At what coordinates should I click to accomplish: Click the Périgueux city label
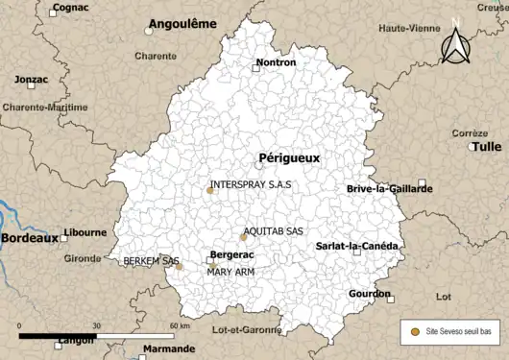(289, 157)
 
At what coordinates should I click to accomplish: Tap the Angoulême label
(183, 23)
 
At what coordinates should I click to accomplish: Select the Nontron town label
(276, 63)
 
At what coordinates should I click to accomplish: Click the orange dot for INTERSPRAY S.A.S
(209, 190)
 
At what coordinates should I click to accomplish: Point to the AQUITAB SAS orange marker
(243, 238)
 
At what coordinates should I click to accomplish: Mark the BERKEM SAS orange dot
(179, 266)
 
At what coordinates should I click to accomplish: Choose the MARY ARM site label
(230, 273)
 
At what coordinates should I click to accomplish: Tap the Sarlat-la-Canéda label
(357, 246)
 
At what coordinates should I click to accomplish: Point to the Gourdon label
(370, 294)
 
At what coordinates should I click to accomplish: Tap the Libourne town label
(85, 232)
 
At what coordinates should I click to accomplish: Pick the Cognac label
(70, 7)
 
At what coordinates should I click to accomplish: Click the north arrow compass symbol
(457, 42)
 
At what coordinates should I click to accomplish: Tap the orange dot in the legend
(414, 331)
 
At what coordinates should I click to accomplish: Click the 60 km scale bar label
(179, 327)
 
